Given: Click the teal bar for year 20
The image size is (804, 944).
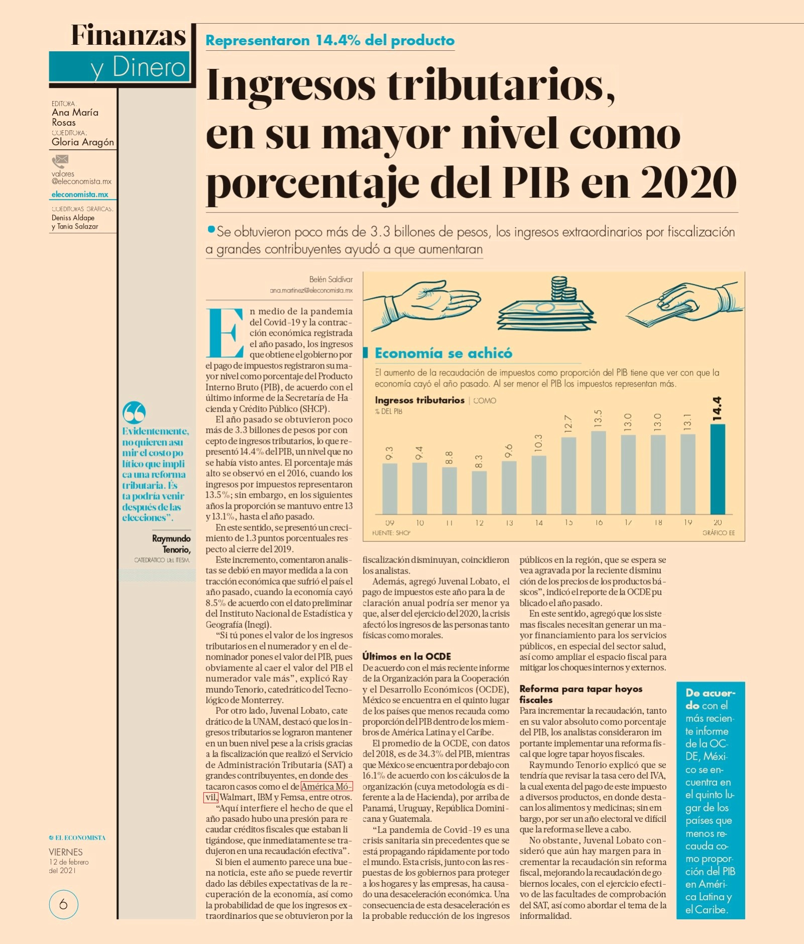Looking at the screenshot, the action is pyautogui.click(x=717, y=469).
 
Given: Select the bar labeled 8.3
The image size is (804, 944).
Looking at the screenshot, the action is pyautogui.click(x=479, y=492).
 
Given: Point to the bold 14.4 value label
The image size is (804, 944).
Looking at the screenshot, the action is pyautogui.click(x=717, y=408).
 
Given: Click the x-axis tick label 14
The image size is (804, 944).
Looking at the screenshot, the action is pyautogui.click(x=539, y=523).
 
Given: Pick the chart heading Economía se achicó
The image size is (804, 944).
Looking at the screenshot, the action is pyautogui.click(x=443, y=353).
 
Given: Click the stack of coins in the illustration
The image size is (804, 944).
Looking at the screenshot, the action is pyautogui.click(x=562, y=289).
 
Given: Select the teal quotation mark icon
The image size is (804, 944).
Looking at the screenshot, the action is pyautogui.click(x=134, y=412).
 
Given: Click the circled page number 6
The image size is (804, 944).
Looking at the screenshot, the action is pyautogui.click(x=63, y=904).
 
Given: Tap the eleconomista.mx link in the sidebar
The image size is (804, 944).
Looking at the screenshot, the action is pyautogui.click(x=80, y=195).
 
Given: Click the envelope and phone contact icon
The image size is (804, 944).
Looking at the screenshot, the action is pyautogui.click(x=60, y=161).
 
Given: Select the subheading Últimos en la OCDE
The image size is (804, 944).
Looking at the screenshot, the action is pyautogui.click(x=407, y=656).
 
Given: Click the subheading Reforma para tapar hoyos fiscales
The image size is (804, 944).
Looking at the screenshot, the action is pyautogui.click(x=581, y=694).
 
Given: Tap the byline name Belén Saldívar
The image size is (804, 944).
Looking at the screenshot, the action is pyautogui.click(x=331, y=279).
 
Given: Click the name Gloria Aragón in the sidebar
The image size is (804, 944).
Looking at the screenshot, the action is pyautogui.click(x=83, y=142).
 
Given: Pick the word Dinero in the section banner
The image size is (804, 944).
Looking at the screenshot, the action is pyautogui.click(x=149, y=67).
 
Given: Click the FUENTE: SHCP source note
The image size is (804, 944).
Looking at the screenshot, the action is pyautogui.click(x=391, y=533).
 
